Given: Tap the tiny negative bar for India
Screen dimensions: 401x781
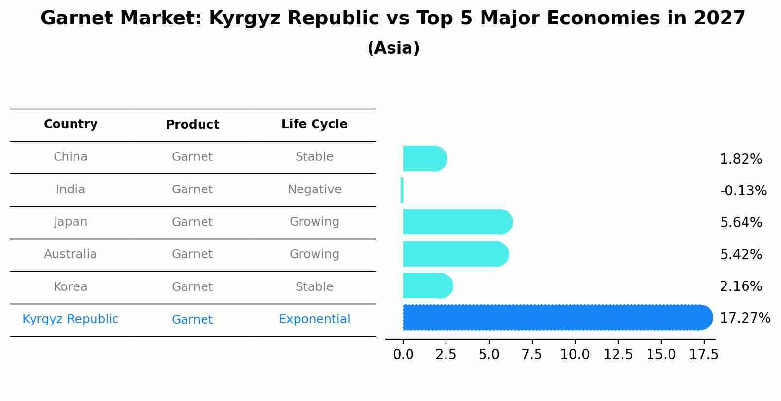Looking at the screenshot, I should point(402,190).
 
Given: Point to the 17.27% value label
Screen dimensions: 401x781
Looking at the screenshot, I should point(744,318).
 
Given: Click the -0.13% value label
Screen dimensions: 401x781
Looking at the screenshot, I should point(743,191).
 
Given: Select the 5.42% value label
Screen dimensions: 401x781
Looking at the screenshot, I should point(741,254).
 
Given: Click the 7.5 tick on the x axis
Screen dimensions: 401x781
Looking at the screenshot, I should point(532,355).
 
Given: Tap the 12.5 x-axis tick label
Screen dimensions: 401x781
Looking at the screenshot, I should point(618,355).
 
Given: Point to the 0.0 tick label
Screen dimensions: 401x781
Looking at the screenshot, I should point(403,355).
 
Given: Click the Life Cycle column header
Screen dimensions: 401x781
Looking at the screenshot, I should point(314,124).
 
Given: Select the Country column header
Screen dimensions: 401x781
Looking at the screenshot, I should point(71,124).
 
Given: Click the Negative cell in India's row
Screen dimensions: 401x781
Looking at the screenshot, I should point(315,190).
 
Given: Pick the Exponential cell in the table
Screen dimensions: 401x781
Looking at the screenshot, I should point(315,319).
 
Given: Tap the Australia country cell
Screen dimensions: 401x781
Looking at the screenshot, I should point(71,254).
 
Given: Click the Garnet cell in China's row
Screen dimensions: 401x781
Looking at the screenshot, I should point(192,157).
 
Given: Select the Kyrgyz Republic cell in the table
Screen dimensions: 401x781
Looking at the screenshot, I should point(71,319).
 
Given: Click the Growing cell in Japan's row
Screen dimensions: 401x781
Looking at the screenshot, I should point(315,222).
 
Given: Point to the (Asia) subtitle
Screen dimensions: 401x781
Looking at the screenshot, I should point(393,48).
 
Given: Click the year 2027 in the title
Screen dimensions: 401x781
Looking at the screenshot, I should point(720,19).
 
